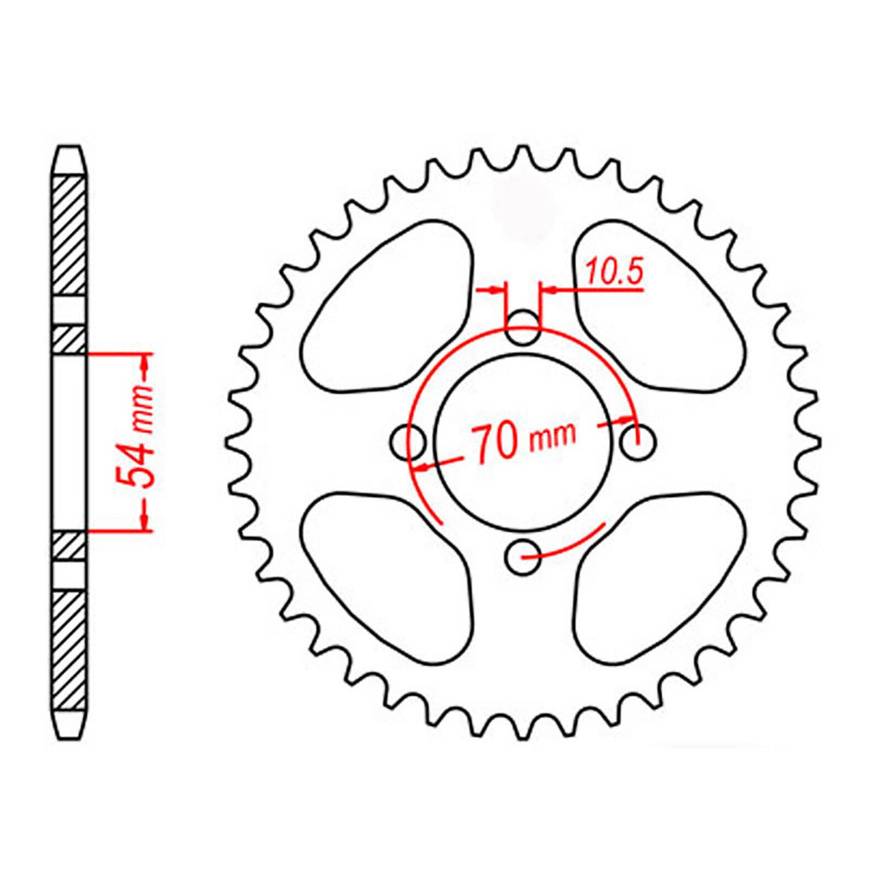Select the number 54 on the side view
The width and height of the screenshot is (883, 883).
tap(134, 469)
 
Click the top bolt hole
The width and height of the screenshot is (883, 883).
tap(523, 327)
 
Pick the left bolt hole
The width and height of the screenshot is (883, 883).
tap(408, 442)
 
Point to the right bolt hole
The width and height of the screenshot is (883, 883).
tap(638, 441)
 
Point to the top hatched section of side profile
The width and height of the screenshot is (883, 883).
tap(70, 235)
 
